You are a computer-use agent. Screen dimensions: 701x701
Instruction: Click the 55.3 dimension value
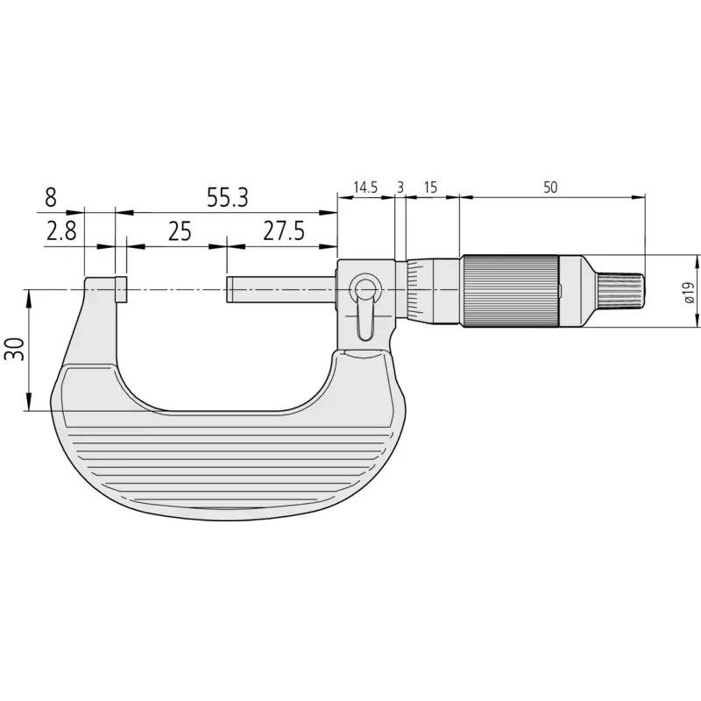click(227, 197)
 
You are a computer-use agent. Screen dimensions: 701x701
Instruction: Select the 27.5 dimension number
click(283, 231)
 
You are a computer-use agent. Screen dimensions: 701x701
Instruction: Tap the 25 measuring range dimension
click(180, 231)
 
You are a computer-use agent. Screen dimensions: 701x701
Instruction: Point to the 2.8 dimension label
click(61, 231)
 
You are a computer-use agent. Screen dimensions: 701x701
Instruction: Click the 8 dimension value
click(51, 197)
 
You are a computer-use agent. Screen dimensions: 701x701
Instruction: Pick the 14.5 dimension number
click(365, 188)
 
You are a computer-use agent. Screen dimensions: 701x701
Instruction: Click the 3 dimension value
click(400, 188)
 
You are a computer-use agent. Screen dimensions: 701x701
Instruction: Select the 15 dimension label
click(430, 188)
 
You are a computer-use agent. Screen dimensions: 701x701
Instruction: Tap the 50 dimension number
click(550, 188)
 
